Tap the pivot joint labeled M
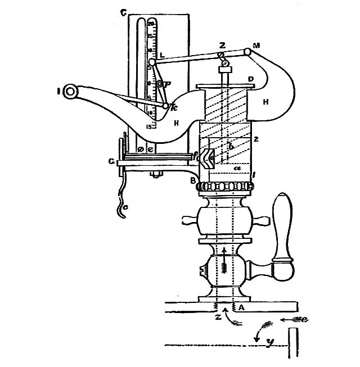[247, 52]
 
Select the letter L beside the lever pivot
[162, 55]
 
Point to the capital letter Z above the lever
[222, 45]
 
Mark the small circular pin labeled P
[160, 84]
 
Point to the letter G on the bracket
[112, 162]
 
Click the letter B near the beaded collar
[192, 182]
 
